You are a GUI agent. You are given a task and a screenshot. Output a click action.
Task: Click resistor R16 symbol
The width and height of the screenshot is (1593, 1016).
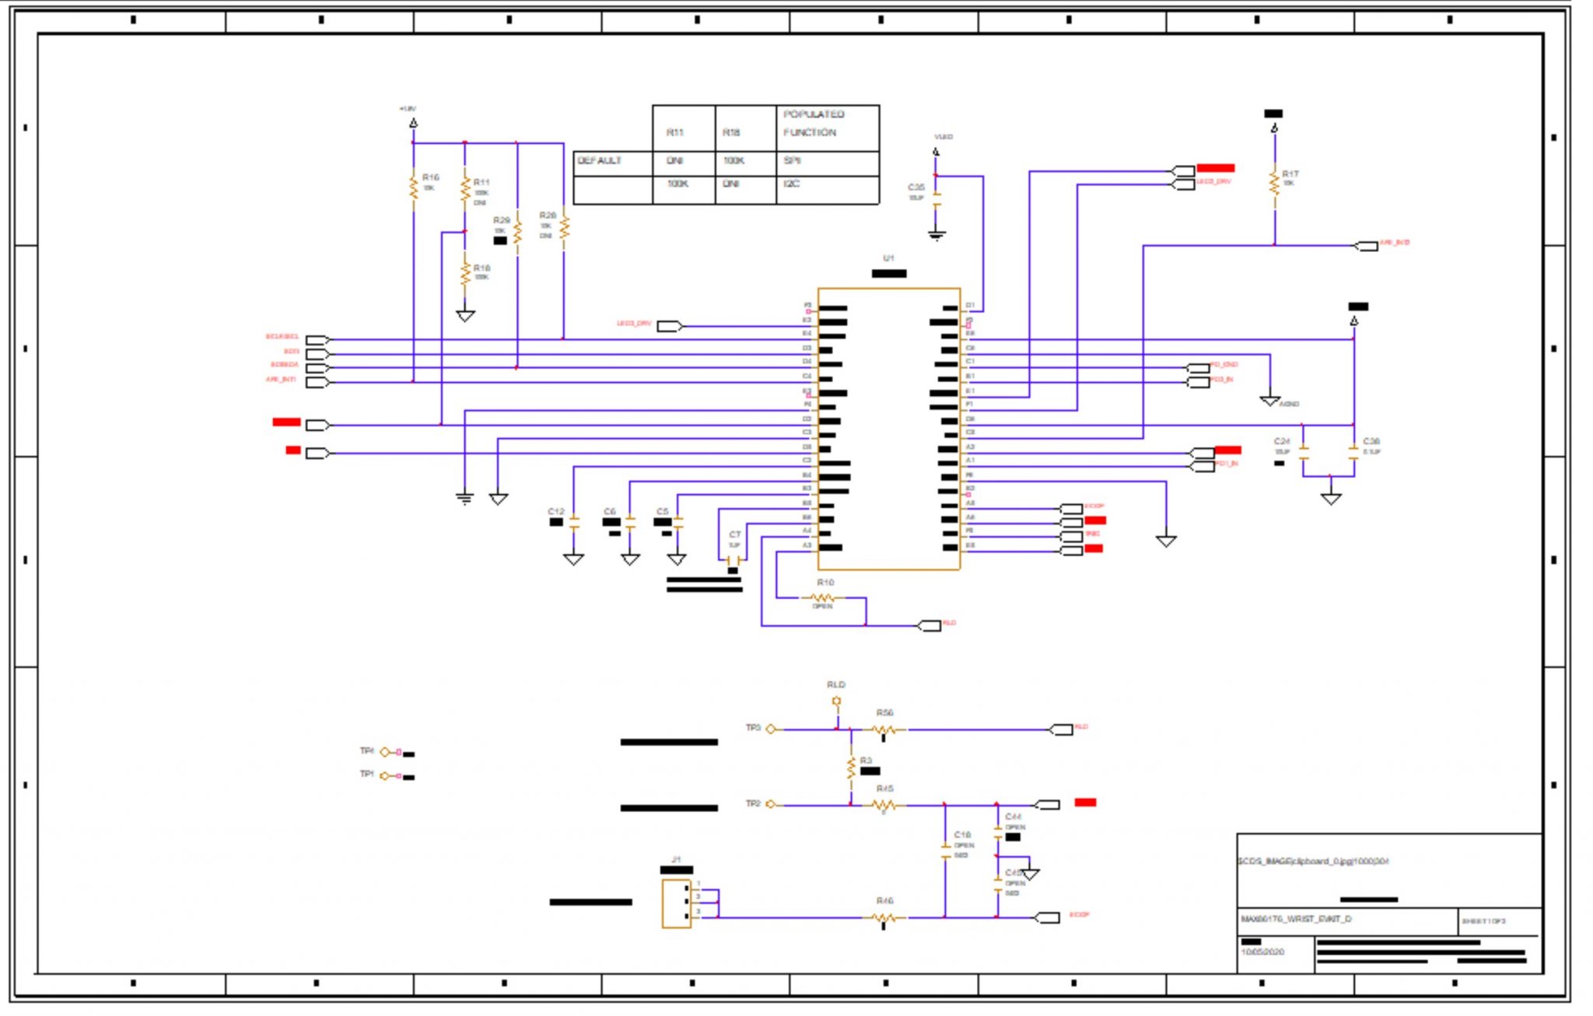413,187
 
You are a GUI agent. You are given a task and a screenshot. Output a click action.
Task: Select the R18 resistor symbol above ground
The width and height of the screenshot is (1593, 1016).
464,274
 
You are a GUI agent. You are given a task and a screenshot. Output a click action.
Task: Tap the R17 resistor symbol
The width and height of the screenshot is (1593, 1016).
1274,184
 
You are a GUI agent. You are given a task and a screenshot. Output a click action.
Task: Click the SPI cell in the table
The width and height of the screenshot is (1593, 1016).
793,160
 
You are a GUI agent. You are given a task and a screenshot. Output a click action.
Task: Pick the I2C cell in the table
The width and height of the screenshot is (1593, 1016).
792,184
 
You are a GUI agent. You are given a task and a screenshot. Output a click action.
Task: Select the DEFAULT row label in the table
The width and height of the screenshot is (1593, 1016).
600,160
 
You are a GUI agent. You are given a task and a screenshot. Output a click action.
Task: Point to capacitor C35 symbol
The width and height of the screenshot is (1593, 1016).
936,200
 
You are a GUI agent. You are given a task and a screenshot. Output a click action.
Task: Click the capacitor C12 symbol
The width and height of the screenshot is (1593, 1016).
574,524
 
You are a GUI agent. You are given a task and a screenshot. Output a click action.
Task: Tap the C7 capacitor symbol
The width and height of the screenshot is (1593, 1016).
733,559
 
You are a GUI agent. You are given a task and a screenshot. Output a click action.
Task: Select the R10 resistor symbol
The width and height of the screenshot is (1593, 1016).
823,597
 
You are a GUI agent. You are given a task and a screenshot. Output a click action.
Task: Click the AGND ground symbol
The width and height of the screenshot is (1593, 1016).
1269,401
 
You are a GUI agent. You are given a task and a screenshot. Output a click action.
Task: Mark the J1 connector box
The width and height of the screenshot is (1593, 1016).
676,903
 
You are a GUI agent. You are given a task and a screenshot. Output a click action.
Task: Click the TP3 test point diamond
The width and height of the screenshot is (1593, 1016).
770,729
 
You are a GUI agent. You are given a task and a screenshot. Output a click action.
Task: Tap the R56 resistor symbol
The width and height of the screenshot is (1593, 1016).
884,730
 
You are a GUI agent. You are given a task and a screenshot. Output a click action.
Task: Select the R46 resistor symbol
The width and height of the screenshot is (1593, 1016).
884,918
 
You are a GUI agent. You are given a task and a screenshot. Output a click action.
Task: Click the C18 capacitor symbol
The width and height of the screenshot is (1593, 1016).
945,850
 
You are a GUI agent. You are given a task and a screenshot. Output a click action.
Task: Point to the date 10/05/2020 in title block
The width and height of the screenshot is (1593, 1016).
1262,951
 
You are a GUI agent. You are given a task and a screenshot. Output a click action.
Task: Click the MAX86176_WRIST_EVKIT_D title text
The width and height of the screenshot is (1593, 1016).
1296,919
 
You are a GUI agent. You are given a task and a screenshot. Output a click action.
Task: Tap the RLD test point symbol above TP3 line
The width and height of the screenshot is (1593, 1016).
836,701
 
